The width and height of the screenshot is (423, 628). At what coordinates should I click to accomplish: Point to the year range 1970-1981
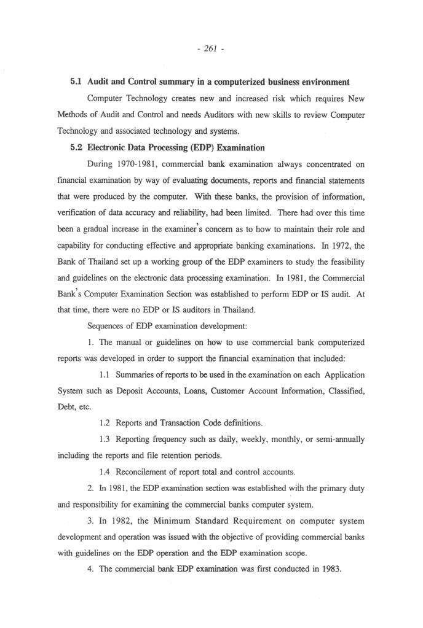point(138,165)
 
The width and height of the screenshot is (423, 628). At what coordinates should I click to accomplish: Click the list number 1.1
point(105,374)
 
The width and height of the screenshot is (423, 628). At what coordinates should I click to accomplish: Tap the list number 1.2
point(105,423)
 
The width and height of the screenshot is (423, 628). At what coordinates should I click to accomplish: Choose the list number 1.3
point(105,440)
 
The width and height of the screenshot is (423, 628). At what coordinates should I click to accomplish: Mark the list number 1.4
point(105,471)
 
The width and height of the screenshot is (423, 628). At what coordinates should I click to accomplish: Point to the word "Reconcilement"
point(145,471)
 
